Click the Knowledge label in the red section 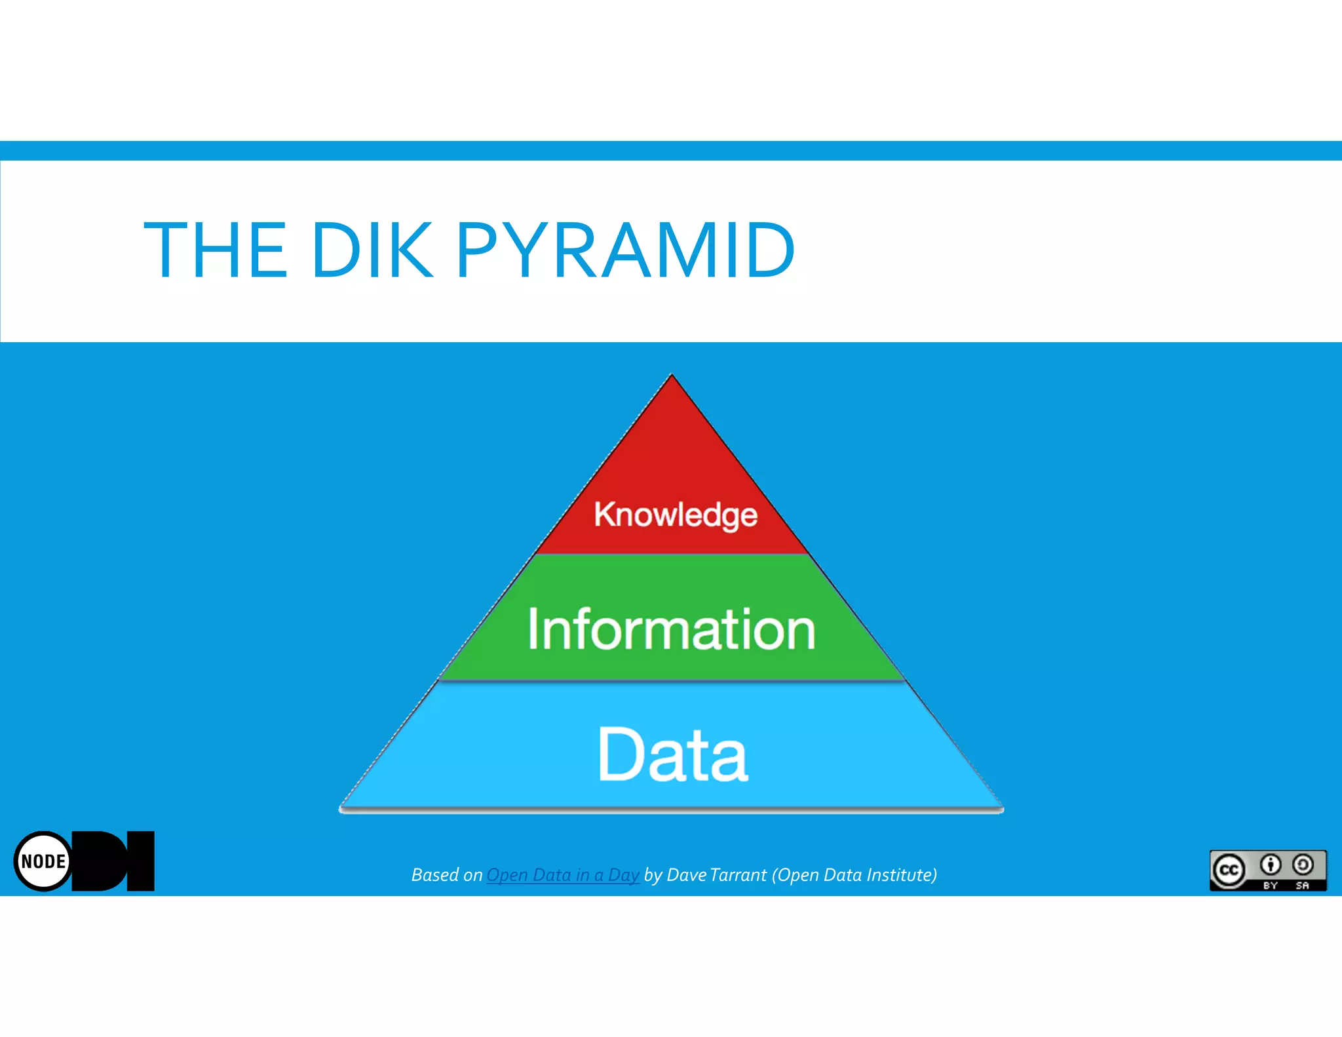click(676, 515)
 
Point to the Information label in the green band click(672, 629)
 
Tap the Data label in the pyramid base click(673, 755)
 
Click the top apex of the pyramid click(672, 377)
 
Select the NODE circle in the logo click(43, 861)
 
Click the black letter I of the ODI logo click(140, 861)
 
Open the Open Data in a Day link click(562, 875)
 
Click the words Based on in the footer click(446, 875)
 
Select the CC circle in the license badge click(1229, 871)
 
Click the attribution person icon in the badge click(1271, 865)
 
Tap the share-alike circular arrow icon click(1303, 865)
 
